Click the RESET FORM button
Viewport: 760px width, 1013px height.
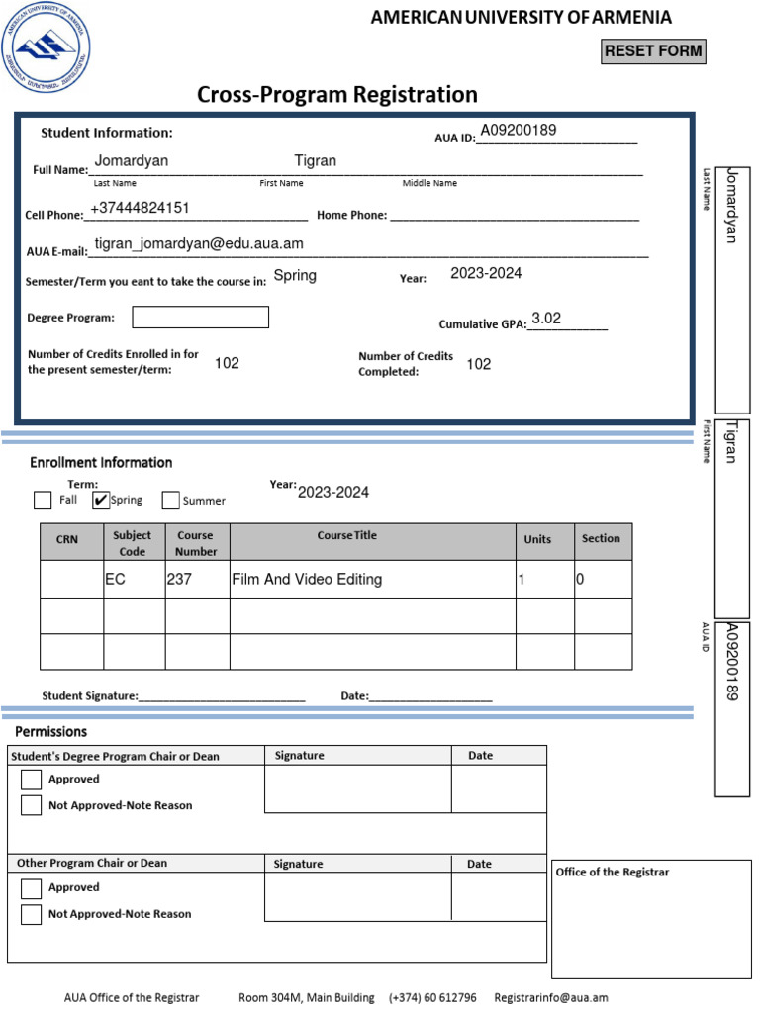coord(653,51)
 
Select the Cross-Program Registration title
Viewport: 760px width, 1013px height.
coord(336,95)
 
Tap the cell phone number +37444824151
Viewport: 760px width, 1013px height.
coord(140,208)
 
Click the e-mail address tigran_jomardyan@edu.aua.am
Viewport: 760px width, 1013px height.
coord(199,243)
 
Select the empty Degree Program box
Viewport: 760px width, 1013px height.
coord(200,318)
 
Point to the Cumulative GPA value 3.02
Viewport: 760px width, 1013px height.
coord(546,319)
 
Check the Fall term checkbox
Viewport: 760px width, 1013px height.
coord(43,500)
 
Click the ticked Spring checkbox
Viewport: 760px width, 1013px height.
coord(100,500)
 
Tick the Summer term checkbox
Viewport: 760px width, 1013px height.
coord(170,500)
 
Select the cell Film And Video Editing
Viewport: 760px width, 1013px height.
coord(306,580)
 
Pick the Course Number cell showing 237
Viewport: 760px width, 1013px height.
coord(179,580)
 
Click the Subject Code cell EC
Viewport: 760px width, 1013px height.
coord(116,580)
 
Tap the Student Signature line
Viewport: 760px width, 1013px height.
coord(222,695)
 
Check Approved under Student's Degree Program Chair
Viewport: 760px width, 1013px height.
coord(31,779)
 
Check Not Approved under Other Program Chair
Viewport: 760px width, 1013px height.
coord(31,914)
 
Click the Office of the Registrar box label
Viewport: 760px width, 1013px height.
coord(612,872)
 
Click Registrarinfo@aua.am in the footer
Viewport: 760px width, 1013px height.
coord(550,997)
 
